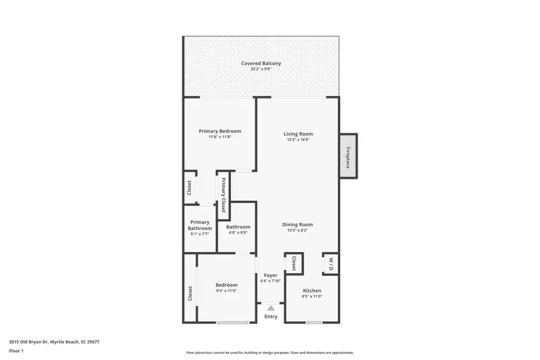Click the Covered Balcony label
pos(261,63)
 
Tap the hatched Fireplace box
pos(348,155)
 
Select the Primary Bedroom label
pos(220,131)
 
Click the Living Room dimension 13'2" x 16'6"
pos(298,140)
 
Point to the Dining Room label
pos(298,225)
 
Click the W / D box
pos(330,263)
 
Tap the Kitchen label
pos(312,290)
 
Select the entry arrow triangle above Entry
pos(271,308)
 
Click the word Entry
pos(271,316)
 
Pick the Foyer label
pos(271,275)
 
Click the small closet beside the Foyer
pos(294,263)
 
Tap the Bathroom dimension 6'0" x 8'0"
pos(238,233)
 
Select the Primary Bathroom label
pos(200,225)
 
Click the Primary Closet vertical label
pos(223,195)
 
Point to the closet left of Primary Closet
pos(189,188)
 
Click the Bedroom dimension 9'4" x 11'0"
pos(226,291)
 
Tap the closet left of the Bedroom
pos(190,293)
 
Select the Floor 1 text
pos(17,352)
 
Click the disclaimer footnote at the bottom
pos(269,353)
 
